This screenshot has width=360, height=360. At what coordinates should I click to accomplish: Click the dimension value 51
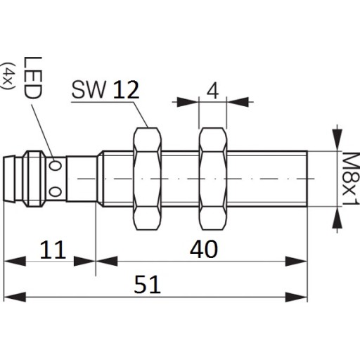point(147,284)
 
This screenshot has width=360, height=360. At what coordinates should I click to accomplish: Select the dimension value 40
point(204,249)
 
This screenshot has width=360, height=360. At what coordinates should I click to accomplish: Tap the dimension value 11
point(53,250)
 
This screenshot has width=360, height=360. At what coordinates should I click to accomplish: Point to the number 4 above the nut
point(212,91)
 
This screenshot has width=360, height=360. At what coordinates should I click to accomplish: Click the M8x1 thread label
point(352,179)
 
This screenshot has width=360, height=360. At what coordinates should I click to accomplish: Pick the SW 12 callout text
point(105,89)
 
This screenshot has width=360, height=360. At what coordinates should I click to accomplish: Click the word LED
point(33,78)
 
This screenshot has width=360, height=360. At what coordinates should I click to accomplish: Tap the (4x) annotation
point(8,76)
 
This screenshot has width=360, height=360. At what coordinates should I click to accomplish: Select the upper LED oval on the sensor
point(55,166)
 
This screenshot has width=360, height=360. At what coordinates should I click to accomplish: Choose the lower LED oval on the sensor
point(56,192)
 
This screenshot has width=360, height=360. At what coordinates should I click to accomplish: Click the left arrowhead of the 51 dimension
point(15,297)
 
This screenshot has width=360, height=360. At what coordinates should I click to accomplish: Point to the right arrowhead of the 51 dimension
point(296,297)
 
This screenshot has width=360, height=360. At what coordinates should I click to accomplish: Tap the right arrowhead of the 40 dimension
point(296,262)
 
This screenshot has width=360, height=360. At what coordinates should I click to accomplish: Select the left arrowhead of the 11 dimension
point(15,262)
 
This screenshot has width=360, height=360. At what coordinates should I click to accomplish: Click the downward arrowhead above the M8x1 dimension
point(337,140)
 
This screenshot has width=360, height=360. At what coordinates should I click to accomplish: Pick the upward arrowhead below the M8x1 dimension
point(337,217)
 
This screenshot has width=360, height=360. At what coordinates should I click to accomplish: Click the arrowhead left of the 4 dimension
point(188,102)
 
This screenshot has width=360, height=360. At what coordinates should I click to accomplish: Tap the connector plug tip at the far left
point(10,179)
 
